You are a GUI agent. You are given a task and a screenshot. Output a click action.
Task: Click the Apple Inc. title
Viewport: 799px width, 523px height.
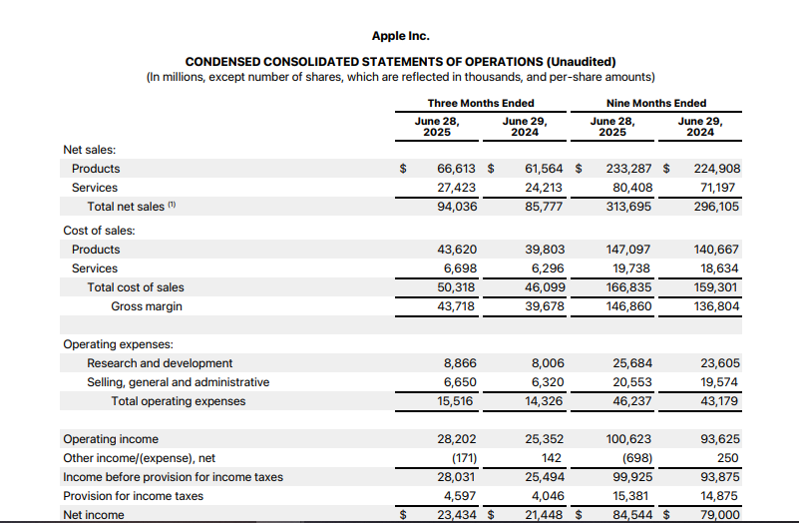pos(400,36)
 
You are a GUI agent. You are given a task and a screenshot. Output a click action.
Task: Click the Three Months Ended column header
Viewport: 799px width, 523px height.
pos(481,103)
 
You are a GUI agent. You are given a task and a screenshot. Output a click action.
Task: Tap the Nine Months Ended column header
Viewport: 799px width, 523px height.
pos(655,103)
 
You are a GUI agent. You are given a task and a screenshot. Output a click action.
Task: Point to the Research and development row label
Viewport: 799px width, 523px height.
pos(160,363)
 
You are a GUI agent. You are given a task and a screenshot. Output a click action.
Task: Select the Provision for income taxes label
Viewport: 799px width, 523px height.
pos(133,496)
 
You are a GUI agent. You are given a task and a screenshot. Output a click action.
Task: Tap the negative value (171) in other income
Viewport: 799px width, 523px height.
pos(460,458)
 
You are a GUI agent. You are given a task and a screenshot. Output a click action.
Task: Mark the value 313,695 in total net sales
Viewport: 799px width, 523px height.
pos(629,207)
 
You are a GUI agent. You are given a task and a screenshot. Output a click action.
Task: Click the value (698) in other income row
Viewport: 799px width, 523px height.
pos(636,458)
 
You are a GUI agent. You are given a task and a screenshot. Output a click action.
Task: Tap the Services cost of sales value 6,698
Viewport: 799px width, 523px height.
pos(459,268)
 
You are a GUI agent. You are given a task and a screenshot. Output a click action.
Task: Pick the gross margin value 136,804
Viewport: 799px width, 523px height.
pos(716,306)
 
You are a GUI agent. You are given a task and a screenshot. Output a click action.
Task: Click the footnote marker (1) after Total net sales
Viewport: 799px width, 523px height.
pos(173,206)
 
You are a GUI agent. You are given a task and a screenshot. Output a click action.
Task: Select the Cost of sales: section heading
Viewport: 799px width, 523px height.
pos(99,231)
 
